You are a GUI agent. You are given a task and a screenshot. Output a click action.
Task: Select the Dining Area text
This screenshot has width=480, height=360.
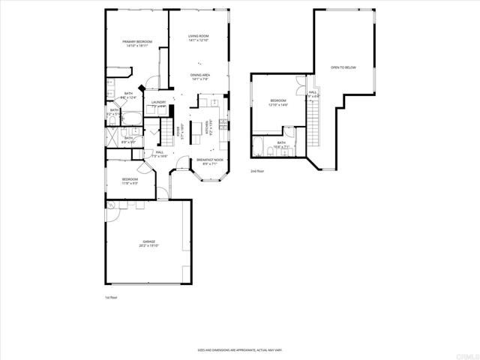[x=198, y=76]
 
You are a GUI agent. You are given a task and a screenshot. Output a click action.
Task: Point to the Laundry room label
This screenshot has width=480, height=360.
[x=158, y=103]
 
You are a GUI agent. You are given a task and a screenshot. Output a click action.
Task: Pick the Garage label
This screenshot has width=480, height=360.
[x=147, y=243]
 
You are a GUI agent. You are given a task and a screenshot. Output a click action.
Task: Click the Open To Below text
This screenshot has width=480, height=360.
[x=343, y=67]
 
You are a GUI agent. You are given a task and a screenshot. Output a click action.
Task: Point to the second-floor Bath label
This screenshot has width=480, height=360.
[x=281, y=144]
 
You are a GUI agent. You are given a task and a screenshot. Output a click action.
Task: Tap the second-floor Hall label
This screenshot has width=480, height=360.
[x=312, y=94]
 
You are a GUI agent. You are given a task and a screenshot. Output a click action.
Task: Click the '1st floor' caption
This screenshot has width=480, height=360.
[x=110, y=298]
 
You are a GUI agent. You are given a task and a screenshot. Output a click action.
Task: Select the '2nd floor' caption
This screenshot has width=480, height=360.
[x=258, y=171]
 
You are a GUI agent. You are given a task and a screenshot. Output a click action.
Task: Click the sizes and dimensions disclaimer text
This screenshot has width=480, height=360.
[x=239, y=349]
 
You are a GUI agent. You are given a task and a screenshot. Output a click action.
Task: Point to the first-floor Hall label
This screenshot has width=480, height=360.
[x=160, y=154]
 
